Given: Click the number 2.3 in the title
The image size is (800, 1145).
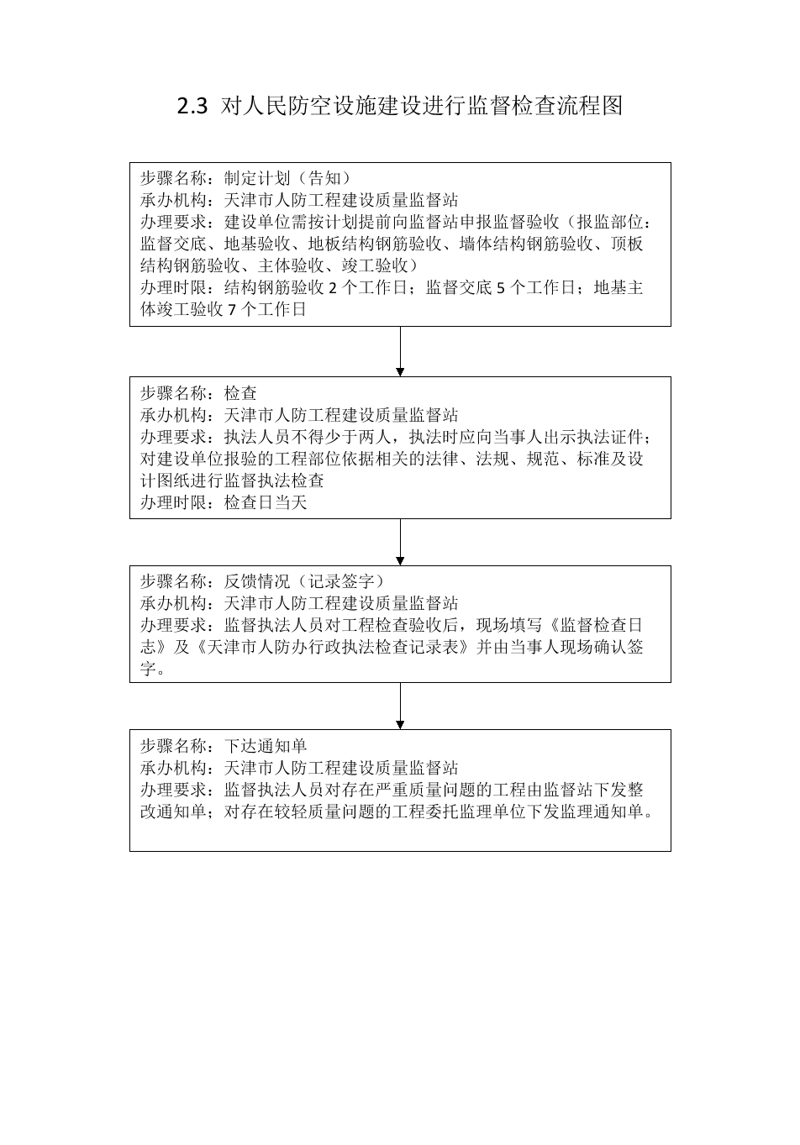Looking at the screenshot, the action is point(192,107).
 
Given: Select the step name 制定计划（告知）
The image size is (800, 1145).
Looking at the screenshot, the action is point(288,178).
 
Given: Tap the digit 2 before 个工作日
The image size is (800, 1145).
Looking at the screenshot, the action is point(333,288).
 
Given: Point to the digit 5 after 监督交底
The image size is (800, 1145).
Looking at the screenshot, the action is point(501,288).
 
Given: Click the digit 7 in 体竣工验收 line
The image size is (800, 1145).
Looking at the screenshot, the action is point(232,310).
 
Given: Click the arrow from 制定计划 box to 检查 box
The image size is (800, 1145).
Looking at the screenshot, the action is point(400,351).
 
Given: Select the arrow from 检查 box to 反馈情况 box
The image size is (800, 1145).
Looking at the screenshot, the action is point(400,542).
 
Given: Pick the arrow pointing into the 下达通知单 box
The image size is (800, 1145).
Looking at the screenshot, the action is point(400,706).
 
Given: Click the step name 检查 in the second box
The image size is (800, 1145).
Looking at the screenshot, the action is point(240,393).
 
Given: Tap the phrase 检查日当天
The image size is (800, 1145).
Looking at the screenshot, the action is point(266,502).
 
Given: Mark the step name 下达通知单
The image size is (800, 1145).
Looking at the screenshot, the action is point(266,746).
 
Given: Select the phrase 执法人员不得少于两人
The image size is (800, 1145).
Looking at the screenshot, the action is point(308,437).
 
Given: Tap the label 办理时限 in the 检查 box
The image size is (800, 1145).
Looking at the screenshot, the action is point(173,502).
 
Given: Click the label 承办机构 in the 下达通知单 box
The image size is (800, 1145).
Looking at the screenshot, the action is point(173,768).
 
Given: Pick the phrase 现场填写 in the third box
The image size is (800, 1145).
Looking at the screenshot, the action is point(509,625).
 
